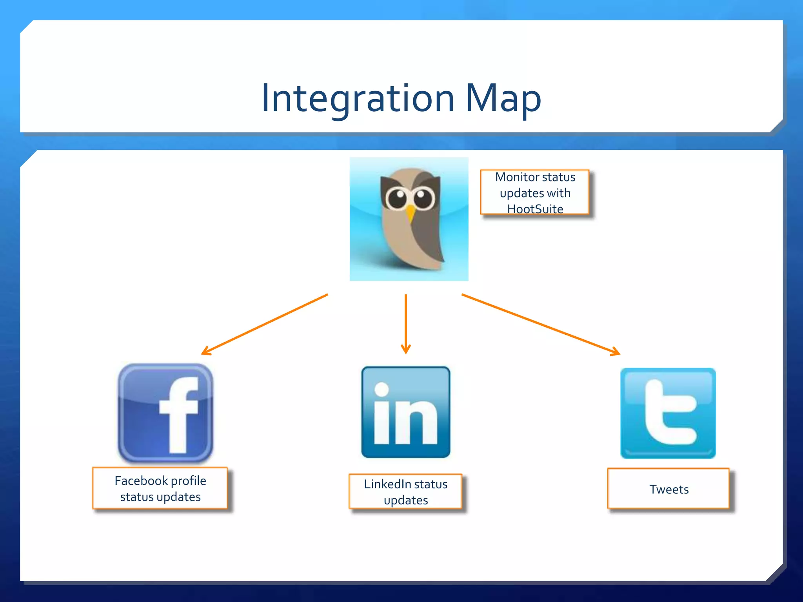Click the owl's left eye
pyautogui.click(x=397, y=197)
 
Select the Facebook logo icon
pyautogui.click(x=165, y=413)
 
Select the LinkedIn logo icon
pyautogui.click(x=406, y=412)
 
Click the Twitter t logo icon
pyautogui.click(x=668, y=413)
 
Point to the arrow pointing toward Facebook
pyautogui.click(x=264, y=325)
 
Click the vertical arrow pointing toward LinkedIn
pyautogui.click(x=406, y=324)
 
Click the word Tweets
pyautogui.click(x=669, y=489)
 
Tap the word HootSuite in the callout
pyautogui.click(x=535, y=209)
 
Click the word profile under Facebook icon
pyautogui.click(x=189, y=481)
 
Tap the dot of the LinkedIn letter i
pyautogui.click(x=382, y=389)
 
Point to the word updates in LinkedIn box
pyautogui.click(x=406, y=500)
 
